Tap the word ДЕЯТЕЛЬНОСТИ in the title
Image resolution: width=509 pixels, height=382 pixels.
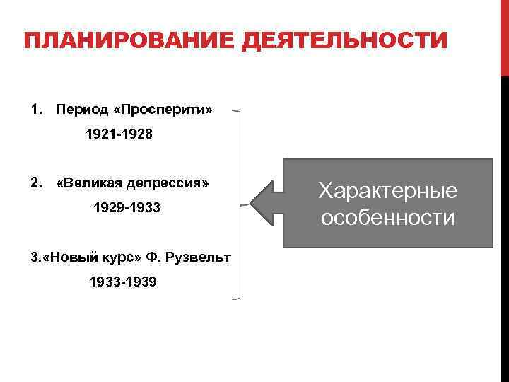pos(344,40)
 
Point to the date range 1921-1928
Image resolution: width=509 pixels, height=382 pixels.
pos(119,134)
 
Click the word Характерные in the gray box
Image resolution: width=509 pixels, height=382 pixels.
pos(387,190)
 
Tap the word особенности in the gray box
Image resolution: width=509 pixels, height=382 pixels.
pos(387,217)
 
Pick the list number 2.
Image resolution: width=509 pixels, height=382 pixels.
pos(35,183)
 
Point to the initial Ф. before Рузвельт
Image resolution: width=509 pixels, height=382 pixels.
pos(153,257)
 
